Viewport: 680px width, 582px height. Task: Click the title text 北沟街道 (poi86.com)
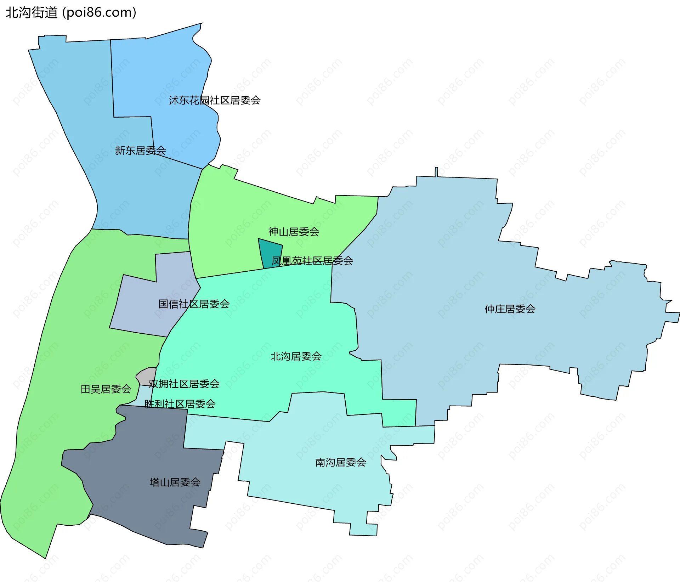pyautogui.click(x=71, y=13)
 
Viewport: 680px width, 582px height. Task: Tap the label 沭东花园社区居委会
pyautogui.click(x=215, y=101)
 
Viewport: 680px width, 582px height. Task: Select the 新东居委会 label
pyautogui.click(x=141, y=151)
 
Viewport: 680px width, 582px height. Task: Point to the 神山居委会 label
pyautogui.click(x=294, y=232)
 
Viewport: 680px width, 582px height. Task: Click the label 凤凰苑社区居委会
pyautogui.click(x=312, y=261)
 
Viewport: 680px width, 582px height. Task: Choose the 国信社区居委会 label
pyautogui.click(x=194, y=304)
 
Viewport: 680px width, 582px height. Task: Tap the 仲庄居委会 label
pyautogui.click(x=510, y=309)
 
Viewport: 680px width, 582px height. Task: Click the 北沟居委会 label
pyautogui.click(x=296, y=356)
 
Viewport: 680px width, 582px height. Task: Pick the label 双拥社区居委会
pyautogui.click(x=184, y=384)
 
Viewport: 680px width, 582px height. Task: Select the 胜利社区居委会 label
pyautogui.click(x=180, y=404)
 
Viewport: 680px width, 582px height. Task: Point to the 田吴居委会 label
pyautogui.click(x=106, y=389)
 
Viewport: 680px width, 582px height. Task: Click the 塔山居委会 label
pyautogui.click(x=175, y=482)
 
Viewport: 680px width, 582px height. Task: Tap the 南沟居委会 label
pyautogui.click(x=341, y=463)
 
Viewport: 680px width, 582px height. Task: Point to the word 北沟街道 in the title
pyautogui.click(x=32, y=13)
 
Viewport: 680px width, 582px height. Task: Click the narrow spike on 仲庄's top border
pyautogui.click(x=436, y=172)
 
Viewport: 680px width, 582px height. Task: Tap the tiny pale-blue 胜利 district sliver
pyautogui.click(x=144, y=395)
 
